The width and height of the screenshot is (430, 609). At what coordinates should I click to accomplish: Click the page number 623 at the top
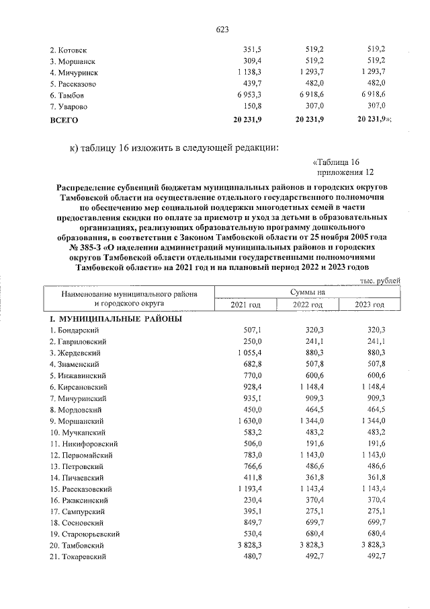coord(222,30)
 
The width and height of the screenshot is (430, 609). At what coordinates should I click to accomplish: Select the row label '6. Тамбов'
coord(67,96)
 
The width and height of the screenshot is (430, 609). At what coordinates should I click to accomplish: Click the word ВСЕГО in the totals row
coord(64,119)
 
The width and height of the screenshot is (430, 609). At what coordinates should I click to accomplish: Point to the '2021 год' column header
coord(245,305)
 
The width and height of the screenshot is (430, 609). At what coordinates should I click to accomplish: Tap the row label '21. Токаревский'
coord(78,555)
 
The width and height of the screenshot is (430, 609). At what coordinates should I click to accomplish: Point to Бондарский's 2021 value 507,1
coord(251,330)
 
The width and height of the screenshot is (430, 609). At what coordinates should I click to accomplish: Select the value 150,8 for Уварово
coord(251,107)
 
